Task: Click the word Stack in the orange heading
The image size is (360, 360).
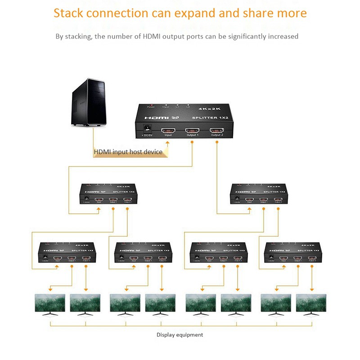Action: tap(68, 13)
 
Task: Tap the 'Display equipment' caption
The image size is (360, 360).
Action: tap(180, 335)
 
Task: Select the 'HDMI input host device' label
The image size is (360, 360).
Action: tap(128, 152)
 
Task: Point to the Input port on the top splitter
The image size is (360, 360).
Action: tap(168, 130)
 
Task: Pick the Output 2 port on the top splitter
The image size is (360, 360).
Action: tap(217, 130)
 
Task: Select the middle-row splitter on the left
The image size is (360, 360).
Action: tap(107, 194)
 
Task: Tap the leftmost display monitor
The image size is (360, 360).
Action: tap(50, 304)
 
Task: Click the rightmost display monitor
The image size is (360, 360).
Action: tap(310, 304)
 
